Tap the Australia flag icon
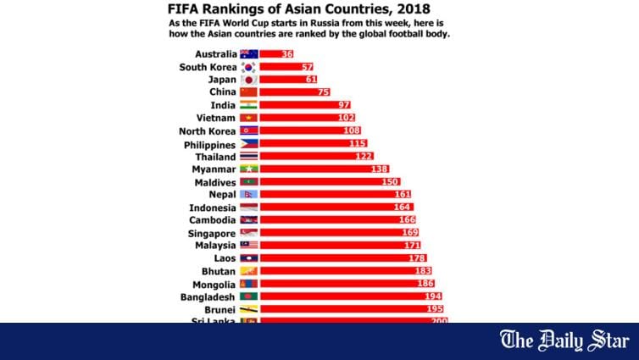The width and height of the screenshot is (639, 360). coord(248,53)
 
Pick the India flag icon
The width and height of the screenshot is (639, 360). coord(248,104)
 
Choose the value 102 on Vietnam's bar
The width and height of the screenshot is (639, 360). coord(346,118)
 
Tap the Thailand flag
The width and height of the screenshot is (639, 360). coord(248,156)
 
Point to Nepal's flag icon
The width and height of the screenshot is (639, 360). coord(248,194)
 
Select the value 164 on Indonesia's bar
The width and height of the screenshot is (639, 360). coord(403,207)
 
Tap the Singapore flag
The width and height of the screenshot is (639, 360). coord(248,232)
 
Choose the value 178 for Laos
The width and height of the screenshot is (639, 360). coord(416,258)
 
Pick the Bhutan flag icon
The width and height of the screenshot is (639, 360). coord(248,271)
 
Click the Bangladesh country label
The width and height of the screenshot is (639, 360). coord(208,296)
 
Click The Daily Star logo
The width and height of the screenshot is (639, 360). coord(565,341)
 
